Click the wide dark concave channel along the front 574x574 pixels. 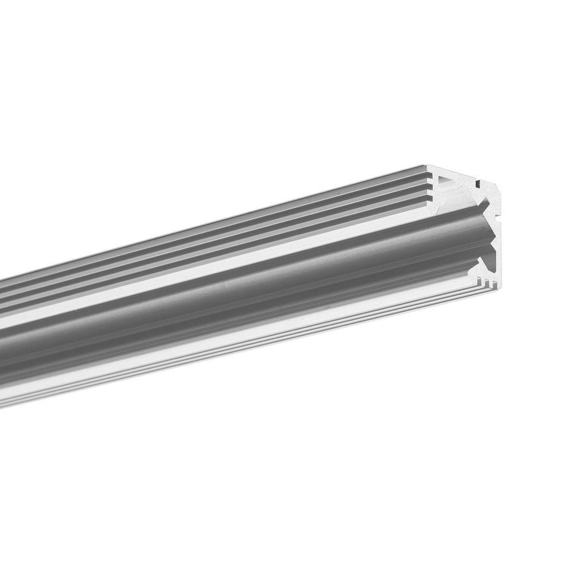pos(230,287)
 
